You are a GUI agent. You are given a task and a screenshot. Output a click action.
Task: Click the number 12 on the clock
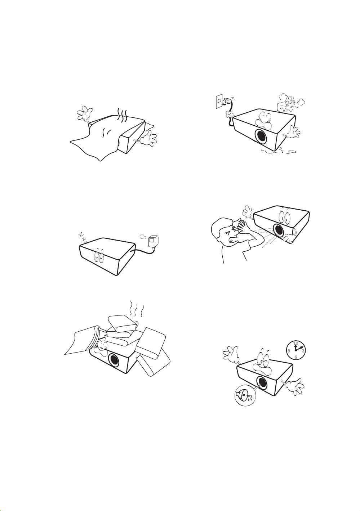point(295,343)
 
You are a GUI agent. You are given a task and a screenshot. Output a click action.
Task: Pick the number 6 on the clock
point(296,357)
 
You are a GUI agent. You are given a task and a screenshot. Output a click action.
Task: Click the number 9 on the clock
point(289,351)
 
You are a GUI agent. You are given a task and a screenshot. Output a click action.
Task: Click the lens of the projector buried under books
point(114,361)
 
